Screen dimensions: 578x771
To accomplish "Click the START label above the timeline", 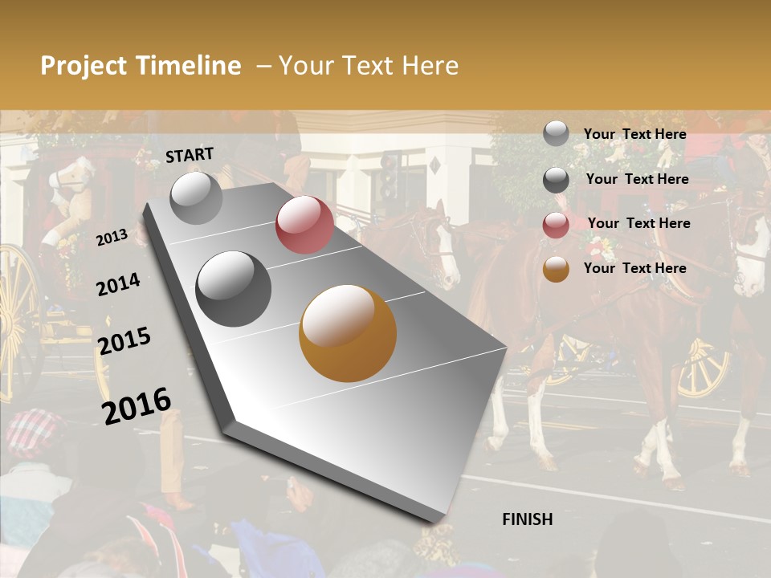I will click(x=190, y=155).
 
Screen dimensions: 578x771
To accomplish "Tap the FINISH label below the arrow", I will click(x=528, y=519).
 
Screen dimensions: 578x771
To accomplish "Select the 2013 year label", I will click(x=112, y=237).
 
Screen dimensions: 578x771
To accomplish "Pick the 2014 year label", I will click(x=118, y=284).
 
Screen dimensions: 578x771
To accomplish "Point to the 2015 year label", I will click(x=124, y=341).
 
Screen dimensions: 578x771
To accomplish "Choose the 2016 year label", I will click(x=137, y=405).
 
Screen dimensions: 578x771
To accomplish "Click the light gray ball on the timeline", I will click(x=196, y=197).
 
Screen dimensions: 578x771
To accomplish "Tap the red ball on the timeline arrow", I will click(x=304, y=225).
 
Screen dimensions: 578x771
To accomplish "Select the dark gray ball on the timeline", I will click(x=234, y=289).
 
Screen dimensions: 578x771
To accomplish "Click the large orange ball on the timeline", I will click(x=348, y=333).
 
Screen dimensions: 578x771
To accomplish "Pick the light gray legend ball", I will click(x=556, y=134).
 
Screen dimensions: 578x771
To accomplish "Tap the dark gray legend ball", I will click(x=556, y=180).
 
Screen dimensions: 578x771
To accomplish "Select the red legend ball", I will click(x=556, y=225).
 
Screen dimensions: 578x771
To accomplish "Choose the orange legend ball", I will click(x=556, y=269).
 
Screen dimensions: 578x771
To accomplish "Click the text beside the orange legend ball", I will click(x=635, y=268).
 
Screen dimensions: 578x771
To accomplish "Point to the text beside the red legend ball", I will click(x=639, y=223).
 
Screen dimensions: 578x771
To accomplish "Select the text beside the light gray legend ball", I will click(x=635, y=134).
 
